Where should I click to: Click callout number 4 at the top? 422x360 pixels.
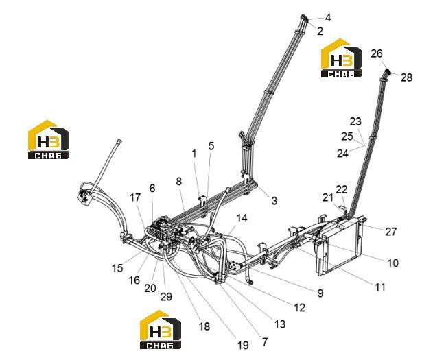327,18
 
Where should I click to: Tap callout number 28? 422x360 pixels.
406,77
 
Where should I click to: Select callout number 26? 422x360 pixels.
376,53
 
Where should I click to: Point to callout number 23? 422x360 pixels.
355,121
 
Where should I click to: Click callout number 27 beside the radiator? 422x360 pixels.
391,232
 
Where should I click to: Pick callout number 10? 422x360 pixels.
392,263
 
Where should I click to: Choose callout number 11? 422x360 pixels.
380,287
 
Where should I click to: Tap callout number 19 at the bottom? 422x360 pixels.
243,345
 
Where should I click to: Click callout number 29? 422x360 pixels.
166,296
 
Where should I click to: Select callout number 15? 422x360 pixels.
117,268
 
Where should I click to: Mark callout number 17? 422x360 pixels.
135,197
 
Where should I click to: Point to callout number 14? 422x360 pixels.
242,218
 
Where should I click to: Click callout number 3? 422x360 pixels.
274,200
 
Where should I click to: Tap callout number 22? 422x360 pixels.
341,189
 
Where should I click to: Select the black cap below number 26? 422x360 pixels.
387,72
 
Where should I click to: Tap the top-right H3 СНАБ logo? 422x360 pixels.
341,58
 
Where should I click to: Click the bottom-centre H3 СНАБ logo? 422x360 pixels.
161,330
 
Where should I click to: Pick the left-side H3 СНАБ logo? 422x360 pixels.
49,139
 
